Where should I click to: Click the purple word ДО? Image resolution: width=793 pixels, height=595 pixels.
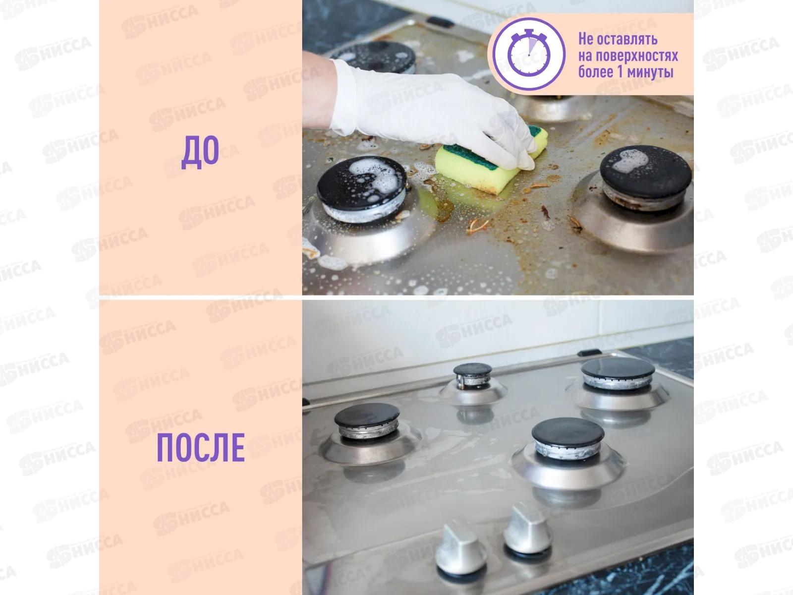(200, 152)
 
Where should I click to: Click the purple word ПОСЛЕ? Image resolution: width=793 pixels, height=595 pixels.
(201, 448)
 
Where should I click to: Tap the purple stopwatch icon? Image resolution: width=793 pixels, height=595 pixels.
(528, 54)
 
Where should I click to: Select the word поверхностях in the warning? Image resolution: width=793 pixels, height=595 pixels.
(636, 56)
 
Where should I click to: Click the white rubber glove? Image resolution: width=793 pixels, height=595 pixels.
(434, 112)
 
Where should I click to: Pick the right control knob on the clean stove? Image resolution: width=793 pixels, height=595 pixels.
(527, 528)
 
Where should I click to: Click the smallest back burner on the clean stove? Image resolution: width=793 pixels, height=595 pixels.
(472, 376)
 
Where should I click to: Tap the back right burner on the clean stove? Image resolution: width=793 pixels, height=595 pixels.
(618, 373)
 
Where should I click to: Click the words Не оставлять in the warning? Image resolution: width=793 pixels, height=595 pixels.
(618, 39)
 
